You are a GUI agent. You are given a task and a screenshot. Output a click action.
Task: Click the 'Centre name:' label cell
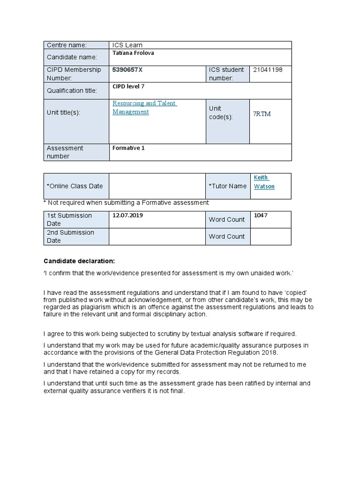[x=66, y=45]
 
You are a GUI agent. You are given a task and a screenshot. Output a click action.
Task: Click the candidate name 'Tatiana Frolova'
[x=134, y=53]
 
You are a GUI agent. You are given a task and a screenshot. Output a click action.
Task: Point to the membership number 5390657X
[x=128, y=69]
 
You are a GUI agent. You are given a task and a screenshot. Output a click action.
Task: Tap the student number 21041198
[x=268, y=69]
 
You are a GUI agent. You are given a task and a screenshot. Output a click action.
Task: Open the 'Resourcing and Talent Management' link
[x=144, y=107]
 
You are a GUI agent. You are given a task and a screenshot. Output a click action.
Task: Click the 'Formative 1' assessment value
[x=129, y=148]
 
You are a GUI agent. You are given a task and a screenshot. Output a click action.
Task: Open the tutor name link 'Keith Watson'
[x=264, y=182]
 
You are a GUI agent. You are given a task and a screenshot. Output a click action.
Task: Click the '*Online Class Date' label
[x=75, y=186]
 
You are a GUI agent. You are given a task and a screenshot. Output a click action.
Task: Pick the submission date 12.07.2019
[x=128, y=215]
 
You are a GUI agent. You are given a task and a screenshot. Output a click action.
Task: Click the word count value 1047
[x=261, y=215]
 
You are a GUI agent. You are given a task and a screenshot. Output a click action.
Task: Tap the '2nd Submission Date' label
[x=70, y=236]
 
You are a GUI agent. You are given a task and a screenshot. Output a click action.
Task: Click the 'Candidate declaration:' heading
[x=79, y=261]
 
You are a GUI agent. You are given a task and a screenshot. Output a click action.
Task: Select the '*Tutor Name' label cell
[x=227, y=186]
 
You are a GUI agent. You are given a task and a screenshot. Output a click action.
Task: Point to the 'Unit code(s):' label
[x=221, y=112]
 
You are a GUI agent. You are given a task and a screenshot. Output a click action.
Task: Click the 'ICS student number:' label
[x=226, y=74]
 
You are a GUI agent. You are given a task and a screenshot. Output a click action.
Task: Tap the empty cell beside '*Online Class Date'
[x=157, y=186]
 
